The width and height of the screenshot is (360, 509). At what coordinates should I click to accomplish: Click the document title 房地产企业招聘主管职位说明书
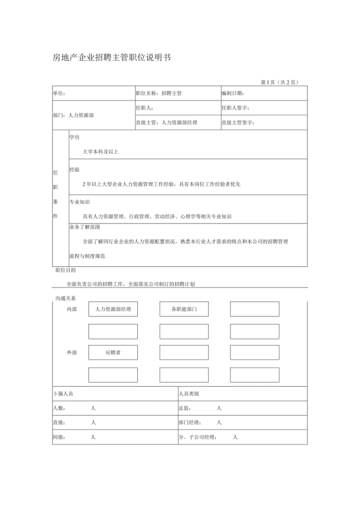pos(112,58)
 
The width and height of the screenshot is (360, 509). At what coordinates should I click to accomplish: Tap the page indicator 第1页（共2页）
pos(279,82)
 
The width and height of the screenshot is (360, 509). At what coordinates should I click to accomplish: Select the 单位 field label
pos(59,94)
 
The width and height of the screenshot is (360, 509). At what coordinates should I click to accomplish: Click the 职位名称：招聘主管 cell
pos(158,94)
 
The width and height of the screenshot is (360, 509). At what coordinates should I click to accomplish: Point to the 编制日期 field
pos(233,94)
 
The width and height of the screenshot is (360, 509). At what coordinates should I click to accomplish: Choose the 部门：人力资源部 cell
pos(74,115)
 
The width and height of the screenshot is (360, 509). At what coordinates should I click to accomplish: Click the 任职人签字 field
pos(236,108)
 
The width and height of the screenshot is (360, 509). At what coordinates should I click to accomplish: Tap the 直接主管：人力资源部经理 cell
pos(166,122)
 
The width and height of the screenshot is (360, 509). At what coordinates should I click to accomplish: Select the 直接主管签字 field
pos(238,122)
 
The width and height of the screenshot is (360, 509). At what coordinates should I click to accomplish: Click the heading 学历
pos(74,137)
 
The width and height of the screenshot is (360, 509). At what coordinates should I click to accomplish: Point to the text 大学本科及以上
pos(101,152)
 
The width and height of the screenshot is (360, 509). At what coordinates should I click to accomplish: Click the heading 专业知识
pos(79,202)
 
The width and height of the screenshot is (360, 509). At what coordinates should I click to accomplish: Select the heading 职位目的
pos(65,270)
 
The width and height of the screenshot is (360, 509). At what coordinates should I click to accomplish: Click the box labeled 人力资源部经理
pos(113,309)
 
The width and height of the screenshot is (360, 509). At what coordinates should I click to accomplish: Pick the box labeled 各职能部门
pos(184,309)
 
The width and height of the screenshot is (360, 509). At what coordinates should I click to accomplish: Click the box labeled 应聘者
pos(113,353)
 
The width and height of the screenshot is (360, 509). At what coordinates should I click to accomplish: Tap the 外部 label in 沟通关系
pos(72,353)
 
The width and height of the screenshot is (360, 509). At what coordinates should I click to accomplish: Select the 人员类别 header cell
pos(189,394)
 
